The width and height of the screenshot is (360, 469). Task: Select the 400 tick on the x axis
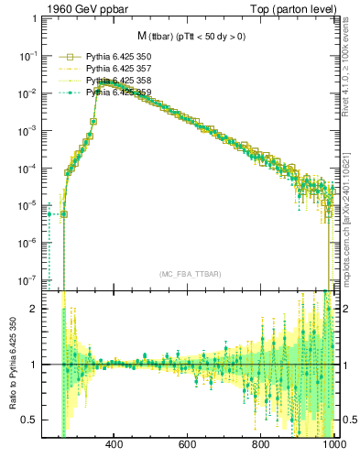[115, 445]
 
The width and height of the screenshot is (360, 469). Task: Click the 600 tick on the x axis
[188, 445]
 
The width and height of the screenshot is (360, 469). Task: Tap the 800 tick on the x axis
[261, 445]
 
